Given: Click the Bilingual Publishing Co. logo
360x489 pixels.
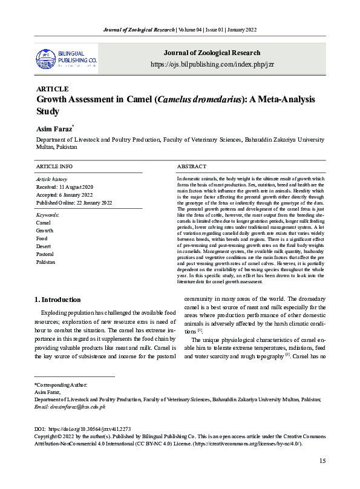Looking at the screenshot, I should coord(67,58).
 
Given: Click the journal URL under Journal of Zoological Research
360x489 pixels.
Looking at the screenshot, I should coord(209,64).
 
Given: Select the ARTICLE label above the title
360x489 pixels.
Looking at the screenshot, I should coord(53,89).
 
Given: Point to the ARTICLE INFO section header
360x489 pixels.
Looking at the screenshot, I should coord(54,166).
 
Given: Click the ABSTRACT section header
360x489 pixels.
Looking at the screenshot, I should coord(192,166).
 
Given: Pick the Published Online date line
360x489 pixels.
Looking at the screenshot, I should coord(74,203).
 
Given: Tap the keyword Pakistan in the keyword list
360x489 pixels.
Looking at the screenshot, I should coord(46,262).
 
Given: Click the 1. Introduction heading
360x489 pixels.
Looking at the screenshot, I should coord(57,300).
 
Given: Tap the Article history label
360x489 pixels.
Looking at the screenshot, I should coord(52,179).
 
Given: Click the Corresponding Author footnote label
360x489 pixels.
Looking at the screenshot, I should coord(61,385).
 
